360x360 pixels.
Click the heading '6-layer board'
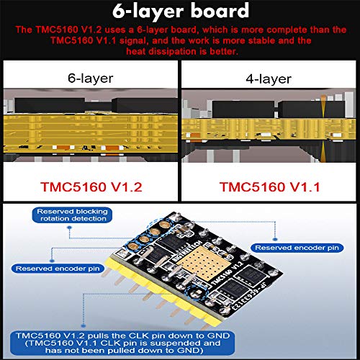coord(179,12)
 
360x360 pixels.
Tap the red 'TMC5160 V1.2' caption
coord(89,188)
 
